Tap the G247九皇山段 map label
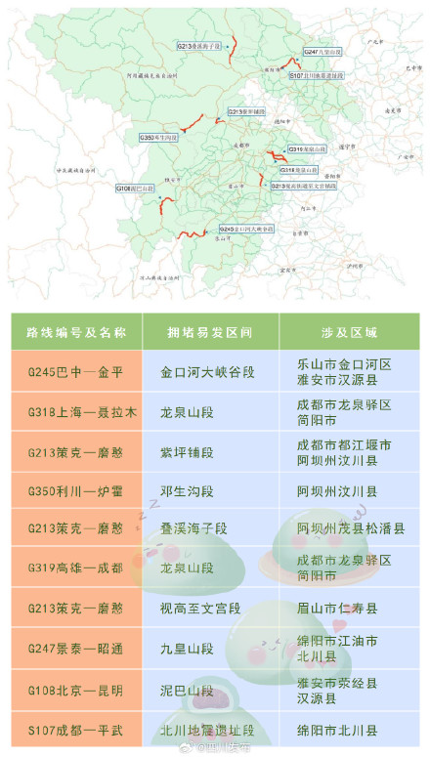point(322,51)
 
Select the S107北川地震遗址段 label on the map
point(316,74)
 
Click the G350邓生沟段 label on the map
point(158,138)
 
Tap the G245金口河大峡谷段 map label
point(246,228)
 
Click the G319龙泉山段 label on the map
point(307,149)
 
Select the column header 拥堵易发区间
point(209,332)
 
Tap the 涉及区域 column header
point(348,332)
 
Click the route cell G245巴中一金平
point(75,372)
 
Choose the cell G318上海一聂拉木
point(75,412)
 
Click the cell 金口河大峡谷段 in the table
point(209,372)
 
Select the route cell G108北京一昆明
point(75,690)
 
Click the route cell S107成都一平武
point(75,729)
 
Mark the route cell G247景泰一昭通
point(75,650)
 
